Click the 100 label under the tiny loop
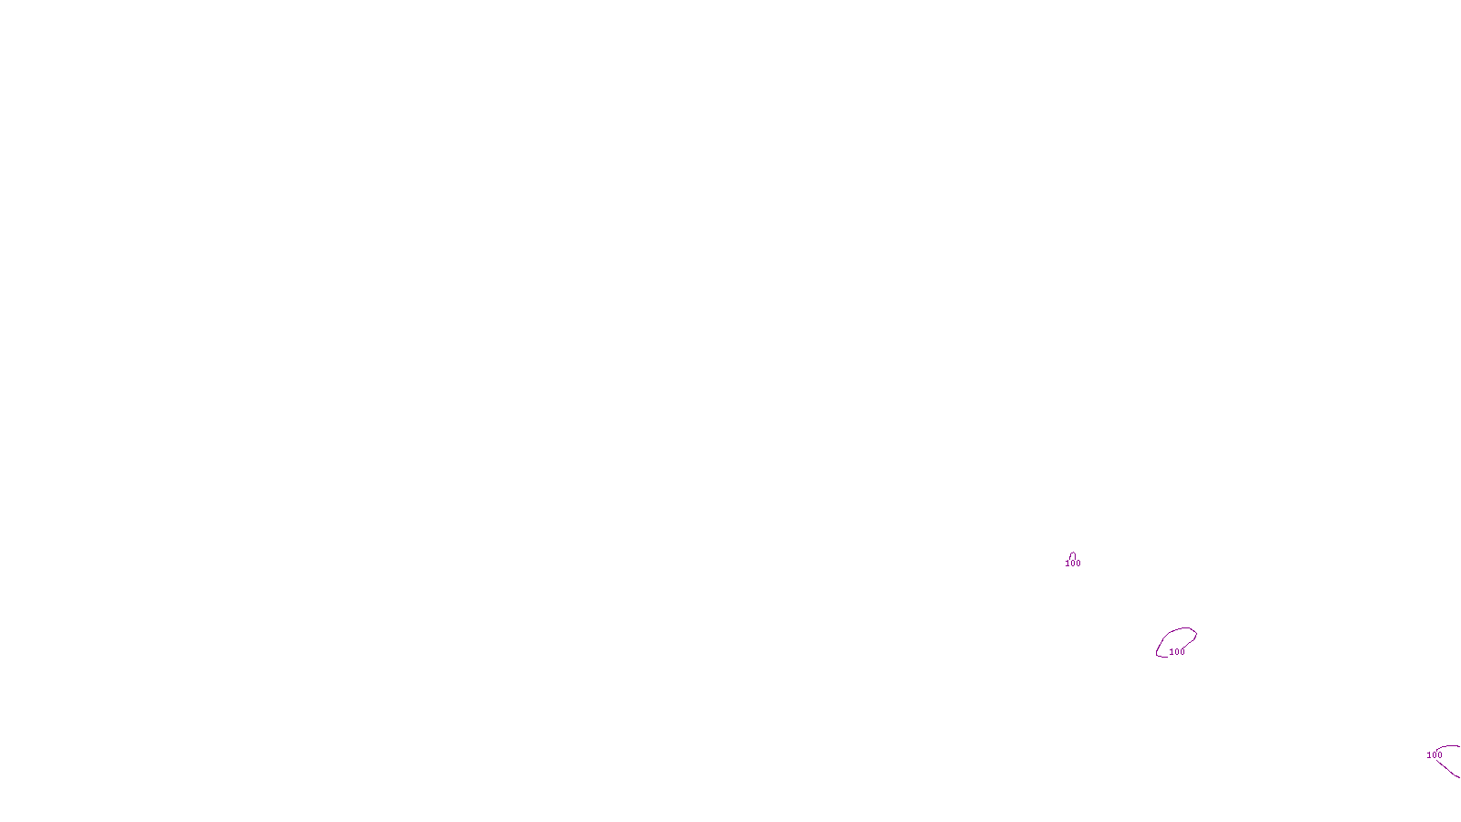coord(1073,564)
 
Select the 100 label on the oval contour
coord(1177,652)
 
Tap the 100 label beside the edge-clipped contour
coord(1435,755)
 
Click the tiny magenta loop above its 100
coord(1072,554)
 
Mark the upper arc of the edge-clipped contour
coord(1446,748)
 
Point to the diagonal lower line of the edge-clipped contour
coord(1451,769)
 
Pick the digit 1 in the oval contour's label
coord(1172,652)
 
